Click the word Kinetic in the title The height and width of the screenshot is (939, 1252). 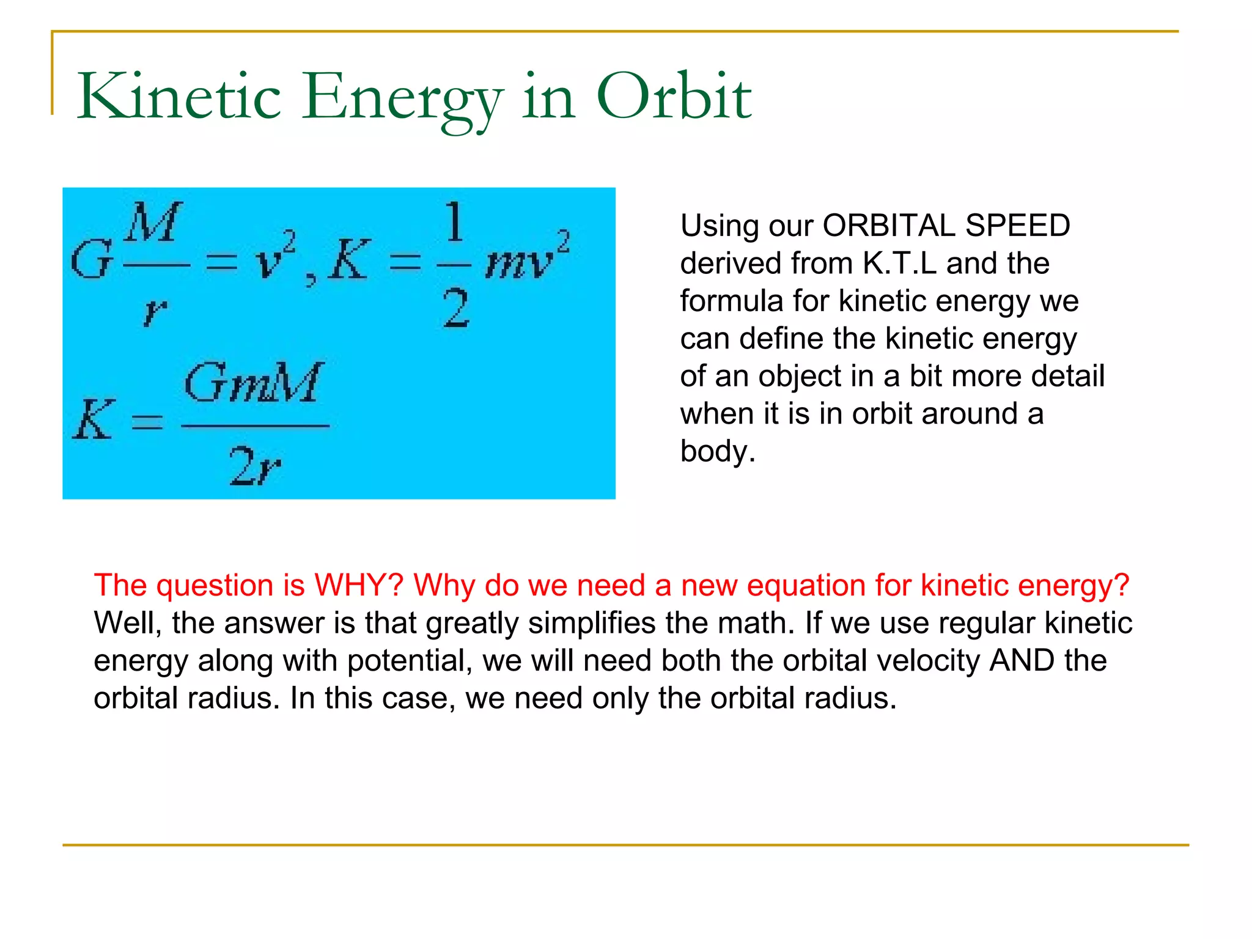[179, 97]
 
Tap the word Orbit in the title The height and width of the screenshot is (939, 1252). [673, 97]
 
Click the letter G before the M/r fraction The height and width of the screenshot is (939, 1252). [92, 259]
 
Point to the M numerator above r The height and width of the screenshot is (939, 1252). [153, 223]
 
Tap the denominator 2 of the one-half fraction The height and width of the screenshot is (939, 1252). [455, 309]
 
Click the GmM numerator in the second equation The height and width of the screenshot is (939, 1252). [253, 383]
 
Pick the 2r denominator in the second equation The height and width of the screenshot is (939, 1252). [255, 466]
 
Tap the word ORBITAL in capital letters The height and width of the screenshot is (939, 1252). [888, 226]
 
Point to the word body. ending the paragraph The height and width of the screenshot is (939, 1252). [718, 452]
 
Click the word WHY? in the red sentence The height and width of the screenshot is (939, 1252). [358, 585]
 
